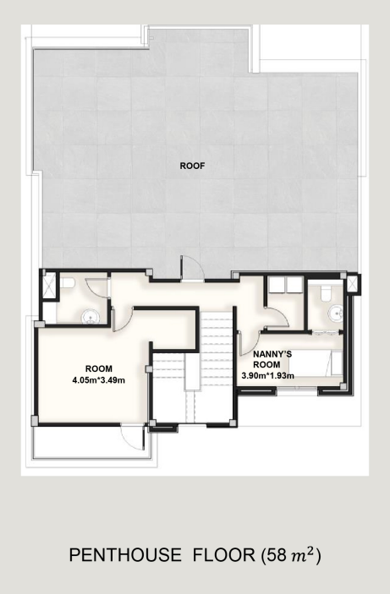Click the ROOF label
click(x=192, y=166)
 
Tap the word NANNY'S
click(x=272, y=355)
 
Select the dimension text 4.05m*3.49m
click(x=99, y=379)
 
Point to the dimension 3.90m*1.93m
click(x=268, y=376)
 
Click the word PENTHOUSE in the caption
click(x=125, y=555)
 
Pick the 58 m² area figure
click(x=291, y=555)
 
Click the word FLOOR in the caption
click(x=224, y=555)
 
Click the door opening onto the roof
click(x=192, y=269)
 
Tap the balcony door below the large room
click(x=133, y=438)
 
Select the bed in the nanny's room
click(x=316, y=363)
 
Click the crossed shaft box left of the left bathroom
click(x=49, y=286)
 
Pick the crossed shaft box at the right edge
click(x=353, y=284)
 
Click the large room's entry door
click(x=123, y=319)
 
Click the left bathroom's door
click(x=97, y=289)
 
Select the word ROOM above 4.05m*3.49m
click(x=99, y=368)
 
